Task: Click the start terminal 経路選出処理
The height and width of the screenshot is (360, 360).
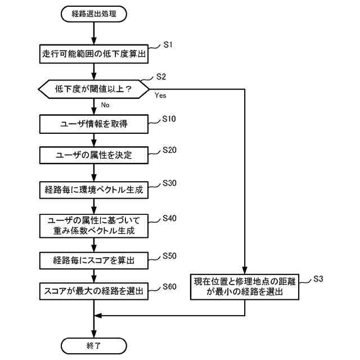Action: point(94,13)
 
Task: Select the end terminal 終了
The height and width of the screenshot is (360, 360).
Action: point(94,344)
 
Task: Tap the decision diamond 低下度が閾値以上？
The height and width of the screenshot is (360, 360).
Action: point(94,89)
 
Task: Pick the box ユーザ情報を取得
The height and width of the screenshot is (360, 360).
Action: point(94,124)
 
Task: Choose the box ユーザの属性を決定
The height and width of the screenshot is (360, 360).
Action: point(94,155)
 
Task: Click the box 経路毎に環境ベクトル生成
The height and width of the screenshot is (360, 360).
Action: point(94,190)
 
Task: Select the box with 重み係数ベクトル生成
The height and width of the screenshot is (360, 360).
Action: point(94,225)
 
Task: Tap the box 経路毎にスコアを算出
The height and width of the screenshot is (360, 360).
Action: point(94,260)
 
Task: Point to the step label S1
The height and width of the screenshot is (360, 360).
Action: point(168,44)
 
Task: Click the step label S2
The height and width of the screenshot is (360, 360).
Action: point(160,76)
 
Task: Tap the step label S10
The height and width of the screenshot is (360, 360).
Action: point(169,119)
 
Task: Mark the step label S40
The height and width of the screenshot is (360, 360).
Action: point(169,218)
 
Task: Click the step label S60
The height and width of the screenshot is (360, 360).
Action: point(169,286)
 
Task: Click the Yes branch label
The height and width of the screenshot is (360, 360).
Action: point(160,96)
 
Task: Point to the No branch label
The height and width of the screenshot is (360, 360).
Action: point(105,105)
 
